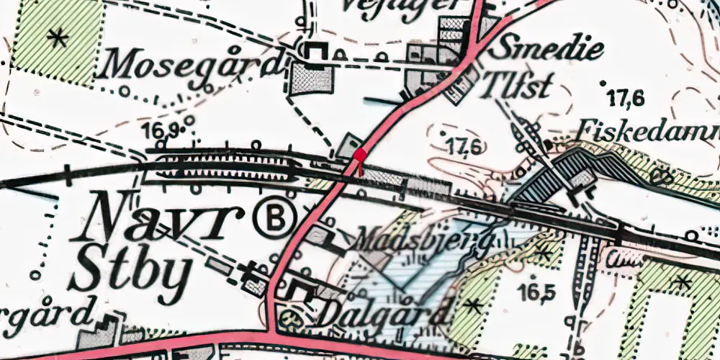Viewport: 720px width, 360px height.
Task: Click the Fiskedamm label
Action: (x=648, y=132)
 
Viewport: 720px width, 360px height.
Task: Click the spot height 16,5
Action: (x=535, y=292)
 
